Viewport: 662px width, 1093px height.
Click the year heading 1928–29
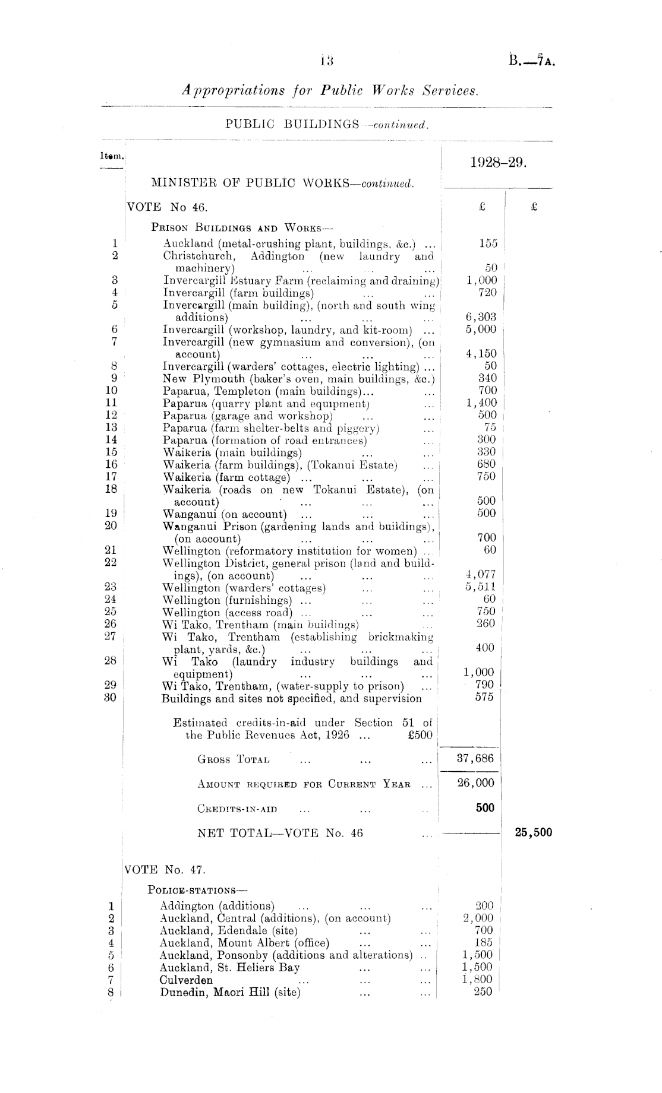pyautogui.click(x=498, y=163)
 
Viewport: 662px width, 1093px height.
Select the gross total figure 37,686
pyautogui.click(x=475, y=758)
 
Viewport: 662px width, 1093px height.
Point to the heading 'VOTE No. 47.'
pyautogui.click(x=165, y=870)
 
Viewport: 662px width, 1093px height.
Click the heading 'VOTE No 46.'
pyautogui.click(x=166, y=207)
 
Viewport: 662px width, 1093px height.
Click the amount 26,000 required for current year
pyautogui.click(x=475, y=782)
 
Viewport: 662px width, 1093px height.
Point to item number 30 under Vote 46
pyautogui.click(x=110, y=698)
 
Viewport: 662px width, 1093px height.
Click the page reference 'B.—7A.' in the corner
pyautogui.click(x=531, y=61)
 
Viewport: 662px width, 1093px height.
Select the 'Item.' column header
pyautogui.click(x=112, y=157)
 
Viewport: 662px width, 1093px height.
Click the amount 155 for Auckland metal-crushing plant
pyautogui.click(x=487, y=243)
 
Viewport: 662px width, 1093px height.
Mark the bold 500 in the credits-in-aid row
pyautogui.click(x=485, y=807)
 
